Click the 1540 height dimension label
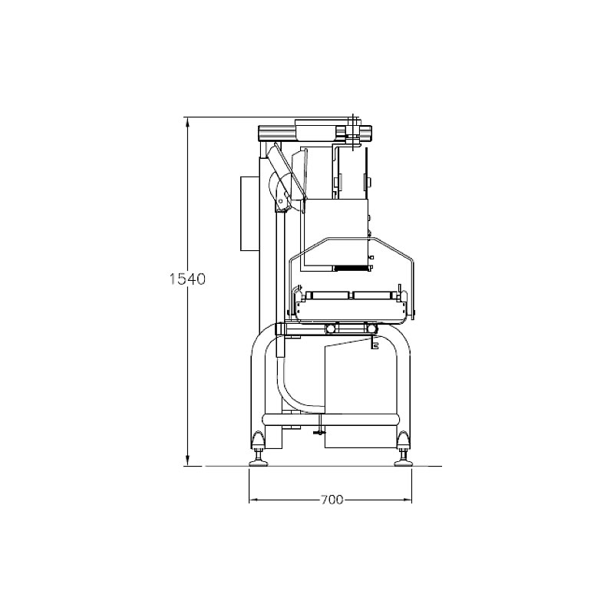pyautogui.click(x=187, y=279)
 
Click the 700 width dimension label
pyautogui.click(x=332, y=500)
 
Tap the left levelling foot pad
pyautogui.click(x=259, y=464)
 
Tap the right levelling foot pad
pyautogui.click(x=404, y=464)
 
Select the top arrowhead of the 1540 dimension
pyautogui.click(x=187, y=124)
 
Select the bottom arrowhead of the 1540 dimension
pyautogui.click(x=187, y=459)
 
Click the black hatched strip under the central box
pyautogui.click(x=352, y=268)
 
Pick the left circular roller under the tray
pyautogui.click(x=331, y=328)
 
